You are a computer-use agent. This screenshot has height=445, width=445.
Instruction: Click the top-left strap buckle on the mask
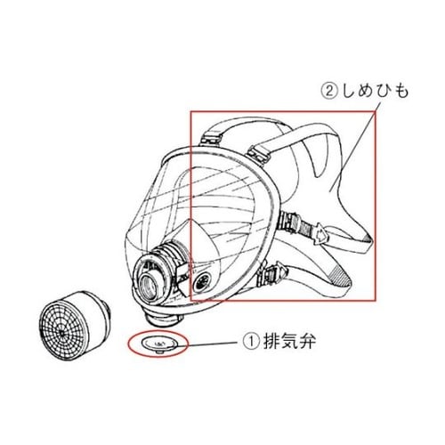211,140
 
